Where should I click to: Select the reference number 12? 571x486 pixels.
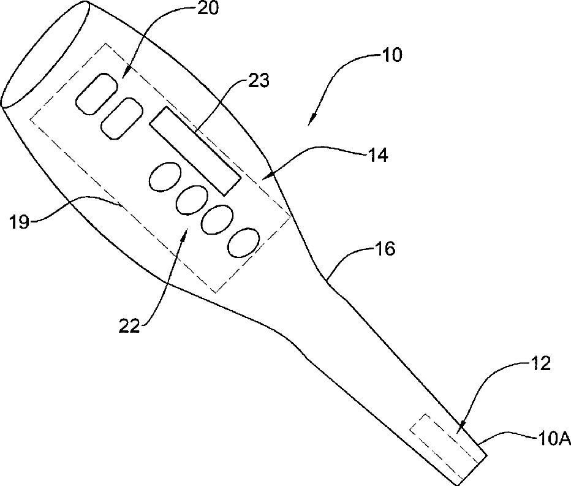pos(540,364)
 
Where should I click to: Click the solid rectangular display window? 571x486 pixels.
pos(194,151)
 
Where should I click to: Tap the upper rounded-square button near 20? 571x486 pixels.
pos(97,93)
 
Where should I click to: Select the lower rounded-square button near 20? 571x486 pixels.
pos(121,118)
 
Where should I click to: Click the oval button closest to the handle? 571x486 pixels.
pos(243,242)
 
